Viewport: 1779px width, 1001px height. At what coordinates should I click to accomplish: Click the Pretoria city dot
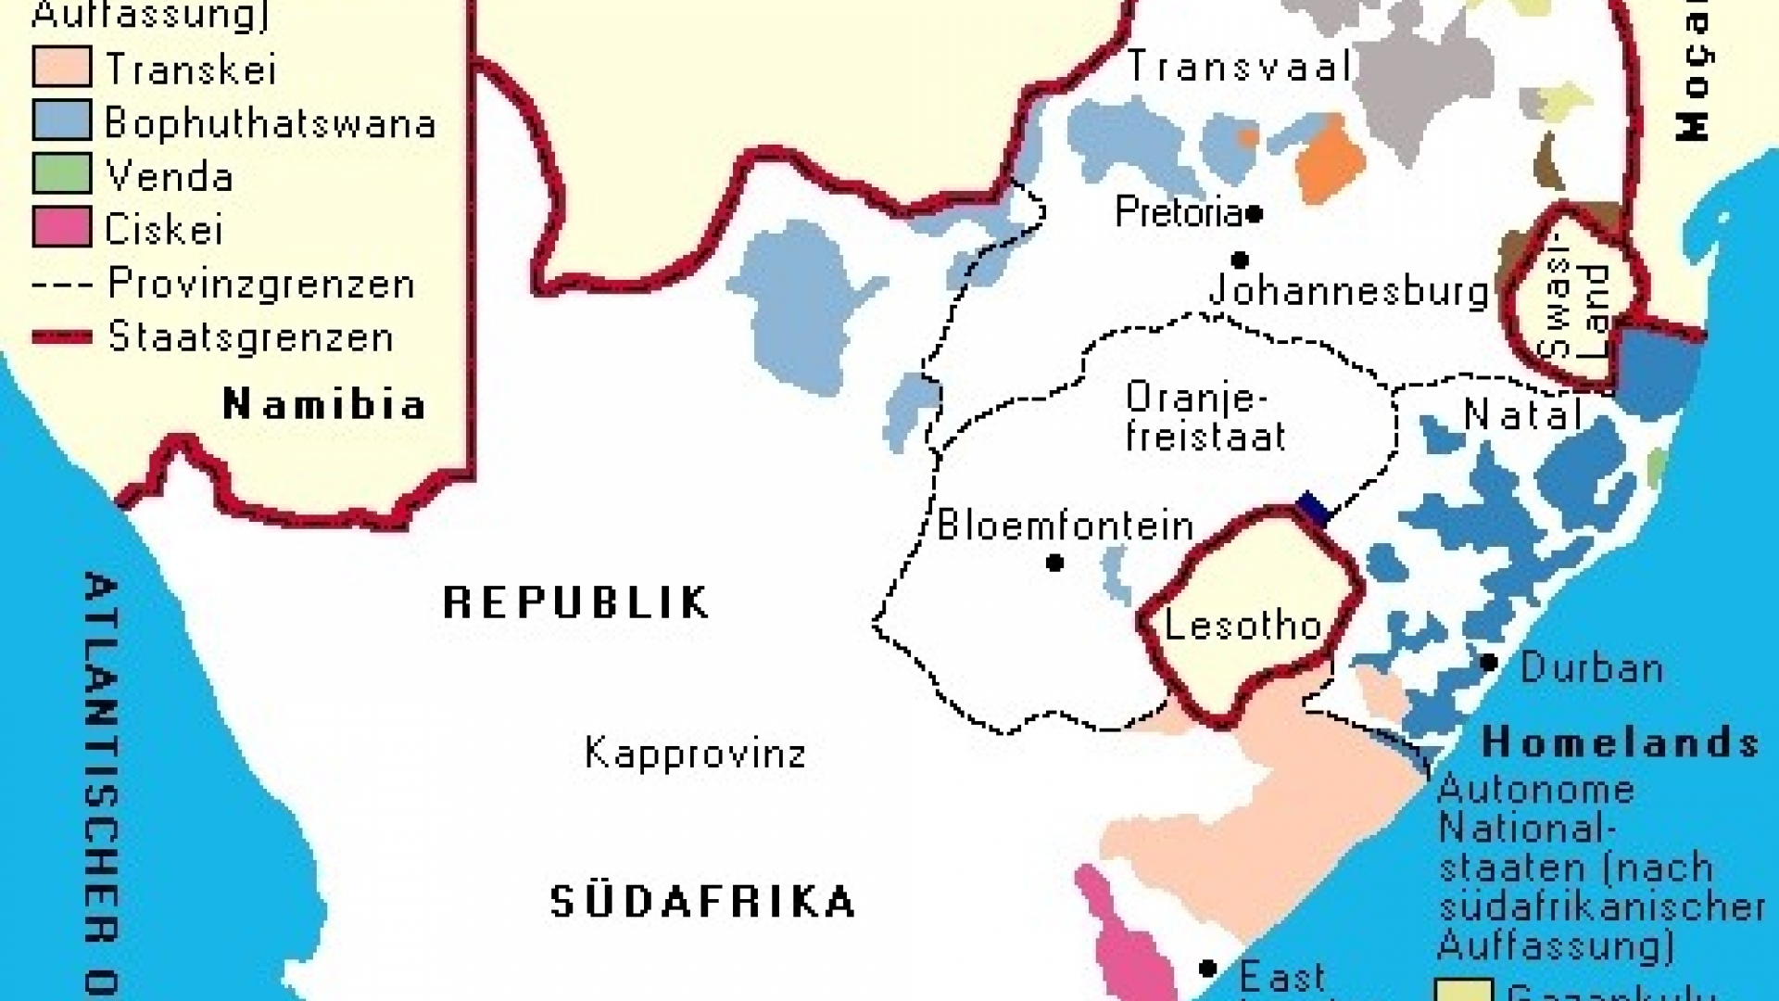point(1255,214)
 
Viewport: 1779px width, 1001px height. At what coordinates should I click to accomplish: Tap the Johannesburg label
point(1349,291)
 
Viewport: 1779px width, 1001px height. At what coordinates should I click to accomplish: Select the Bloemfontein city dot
point(1054,563)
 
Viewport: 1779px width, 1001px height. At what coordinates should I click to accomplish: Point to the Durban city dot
point(1489,663)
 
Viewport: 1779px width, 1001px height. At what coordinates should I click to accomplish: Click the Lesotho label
point(1242,625)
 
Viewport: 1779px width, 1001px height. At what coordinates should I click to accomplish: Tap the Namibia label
point(324,404)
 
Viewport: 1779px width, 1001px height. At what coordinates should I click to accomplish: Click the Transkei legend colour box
point(62,68)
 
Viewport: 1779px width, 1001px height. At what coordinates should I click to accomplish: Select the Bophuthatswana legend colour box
point(62,120)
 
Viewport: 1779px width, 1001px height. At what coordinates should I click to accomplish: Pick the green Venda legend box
point(62,174)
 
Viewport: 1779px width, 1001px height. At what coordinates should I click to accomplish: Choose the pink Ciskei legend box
point(62,228)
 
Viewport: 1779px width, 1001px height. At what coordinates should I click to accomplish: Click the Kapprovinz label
point(695,753)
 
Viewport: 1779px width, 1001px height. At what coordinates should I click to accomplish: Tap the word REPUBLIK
point(576,602)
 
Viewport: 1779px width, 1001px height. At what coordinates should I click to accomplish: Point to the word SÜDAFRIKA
point(702,902)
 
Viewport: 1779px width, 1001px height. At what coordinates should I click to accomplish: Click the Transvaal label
point(1240,67)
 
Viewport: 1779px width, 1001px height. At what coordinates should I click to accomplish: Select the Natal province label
point(1522,413)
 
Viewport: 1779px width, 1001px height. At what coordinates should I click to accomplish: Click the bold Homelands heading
point(1620,741)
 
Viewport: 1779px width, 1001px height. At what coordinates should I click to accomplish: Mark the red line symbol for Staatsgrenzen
point(62,337)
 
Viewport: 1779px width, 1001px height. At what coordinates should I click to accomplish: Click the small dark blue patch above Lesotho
point(1313,507)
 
